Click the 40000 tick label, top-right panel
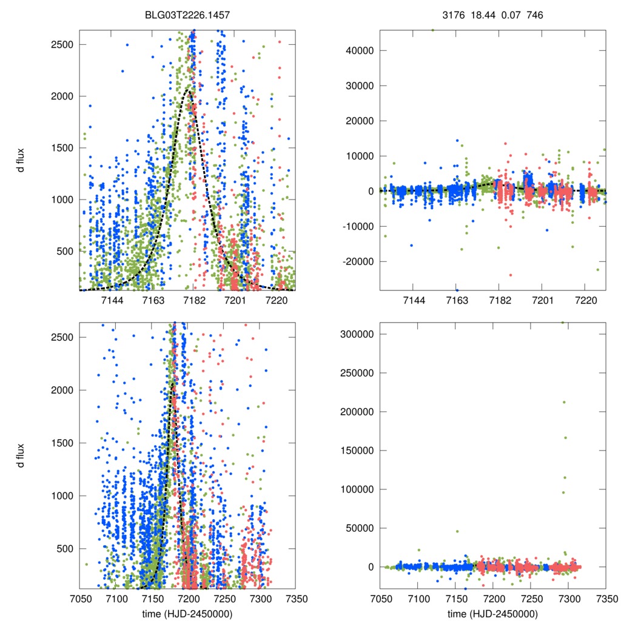coord(358,51)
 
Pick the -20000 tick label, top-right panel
coord(357,261)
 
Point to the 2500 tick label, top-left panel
coord(64,45)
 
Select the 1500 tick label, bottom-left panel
coord(64,443)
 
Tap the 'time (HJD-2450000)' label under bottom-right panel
coord(492,613)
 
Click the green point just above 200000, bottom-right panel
coord(564,402)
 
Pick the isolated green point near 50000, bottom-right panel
coord(457,531)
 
